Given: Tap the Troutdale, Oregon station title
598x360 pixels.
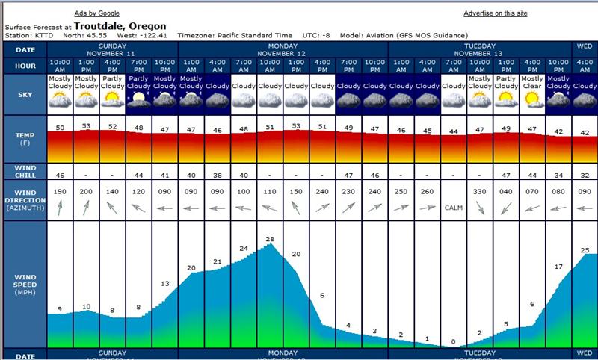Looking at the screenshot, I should tap(120, 25).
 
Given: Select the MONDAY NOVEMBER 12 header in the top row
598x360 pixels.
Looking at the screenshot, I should tap(283, 49).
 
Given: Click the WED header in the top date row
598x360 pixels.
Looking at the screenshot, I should tap(584, 46).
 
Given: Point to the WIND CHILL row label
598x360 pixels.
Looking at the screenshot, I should tap(25, 171).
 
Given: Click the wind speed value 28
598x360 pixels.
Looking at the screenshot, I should tap(270, 238).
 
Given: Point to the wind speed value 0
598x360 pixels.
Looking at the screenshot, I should tap(453, 342).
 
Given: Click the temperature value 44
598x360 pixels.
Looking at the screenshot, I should tap(453, 131).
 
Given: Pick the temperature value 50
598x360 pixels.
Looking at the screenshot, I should tap(60, 128).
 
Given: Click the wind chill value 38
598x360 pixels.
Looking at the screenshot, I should tap(218, 175).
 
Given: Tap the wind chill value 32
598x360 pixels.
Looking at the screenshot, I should tap(584, 175).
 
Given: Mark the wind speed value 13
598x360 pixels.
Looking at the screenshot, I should tap(165, 283).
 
